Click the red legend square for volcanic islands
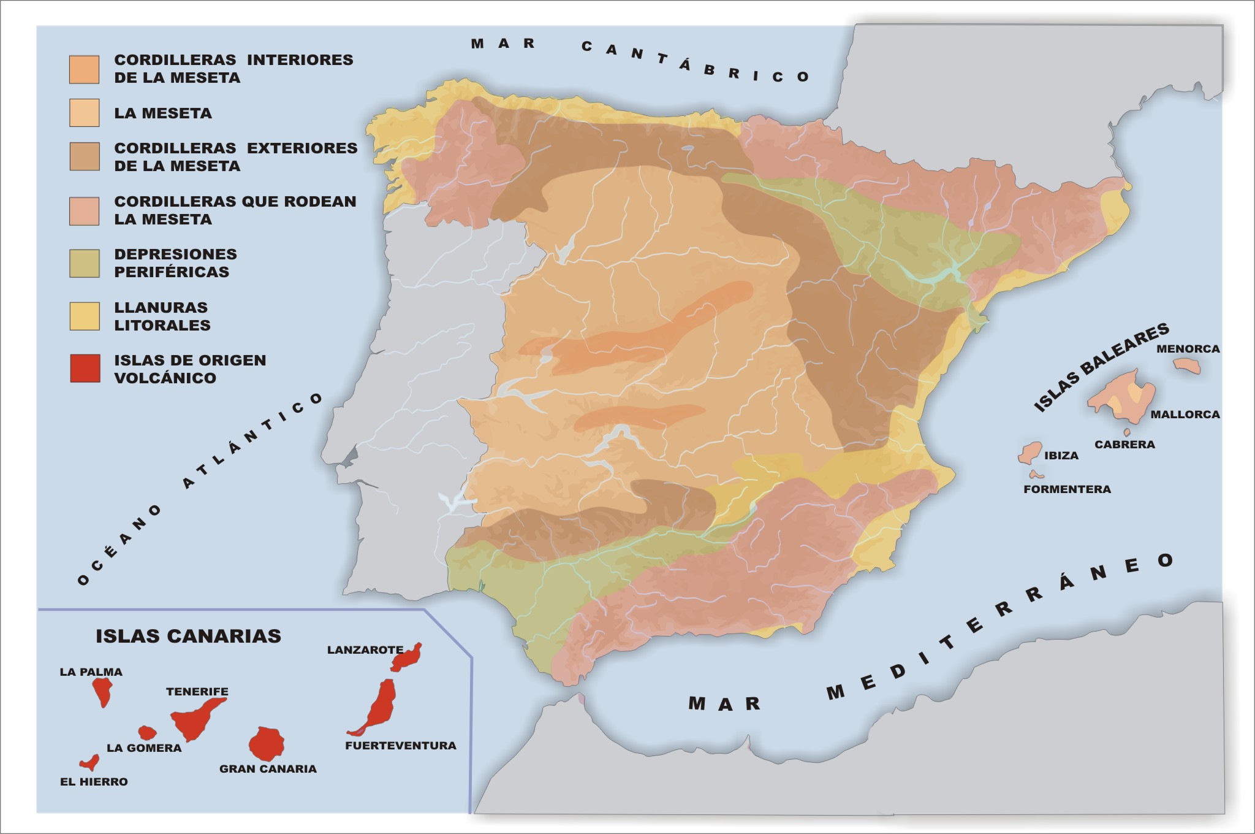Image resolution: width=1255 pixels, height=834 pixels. click(85, 369)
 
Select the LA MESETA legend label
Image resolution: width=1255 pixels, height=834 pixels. click(163, 113)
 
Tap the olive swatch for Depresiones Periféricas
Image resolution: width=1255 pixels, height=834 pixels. click(85, 263)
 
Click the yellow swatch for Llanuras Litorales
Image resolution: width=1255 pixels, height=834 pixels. click(85, 316)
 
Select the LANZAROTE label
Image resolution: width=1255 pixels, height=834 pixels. click(365, 650)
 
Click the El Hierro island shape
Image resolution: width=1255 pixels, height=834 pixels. click(91, 763)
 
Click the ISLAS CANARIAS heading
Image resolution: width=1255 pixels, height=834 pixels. click(188, 636)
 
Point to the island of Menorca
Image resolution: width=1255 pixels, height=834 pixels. click(1187, 366)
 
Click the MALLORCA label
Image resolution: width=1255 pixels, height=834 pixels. click(1185, 415)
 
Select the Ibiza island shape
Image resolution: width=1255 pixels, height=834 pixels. click(1030, 453)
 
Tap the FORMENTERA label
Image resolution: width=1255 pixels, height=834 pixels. click(1067, 489)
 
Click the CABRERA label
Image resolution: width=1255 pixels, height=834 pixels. click(1124, 445)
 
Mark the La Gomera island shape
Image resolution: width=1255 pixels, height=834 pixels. click(147, 732)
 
